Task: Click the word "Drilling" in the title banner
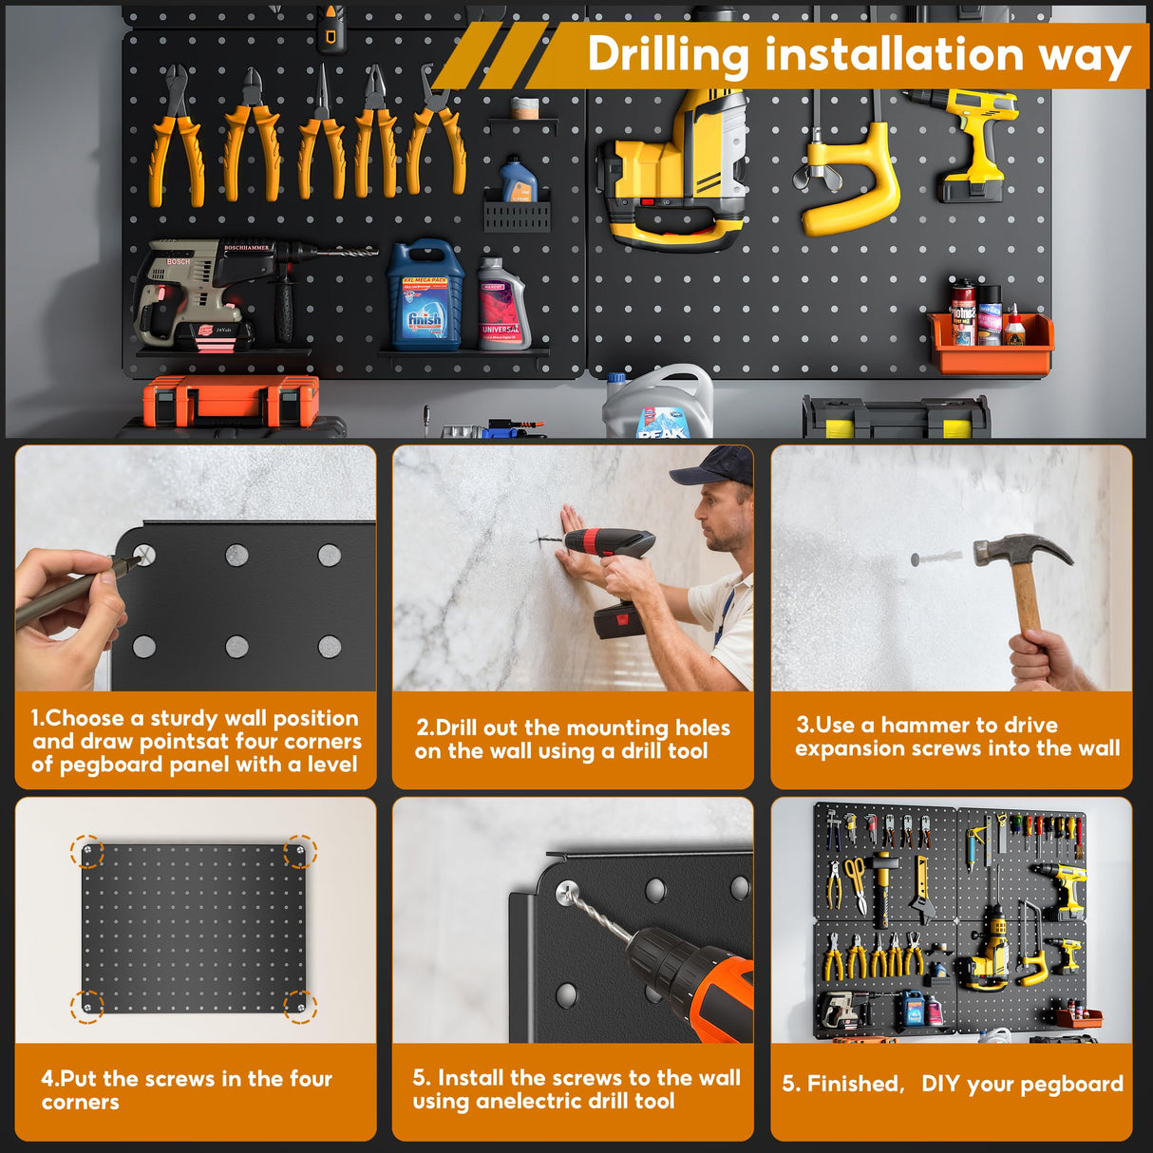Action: pyautogui.click(x=668, y=54)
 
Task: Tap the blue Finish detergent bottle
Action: pyautogui.click(x=425, y=296)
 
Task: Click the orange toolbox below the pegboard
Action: pyautogui.click(x=231, y=399)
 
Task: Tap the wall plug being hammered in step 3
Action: pyautogui.click(x=937, y=558)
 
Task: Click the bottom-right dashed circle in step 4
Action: pyautogui.click(x=300, y=1006)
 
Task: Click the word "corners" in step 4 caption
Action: pyautogui.click(x=81, y=1103)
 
